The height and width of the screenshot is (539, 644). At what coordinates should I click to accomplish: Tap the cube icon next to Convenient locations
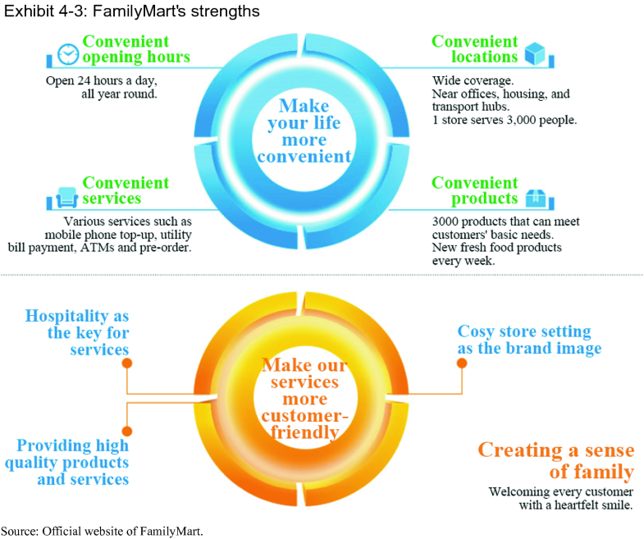click(x=535, y=54)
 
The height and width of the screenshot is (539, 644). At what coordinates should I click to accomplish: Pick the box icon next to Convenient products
click(x=535, y=198)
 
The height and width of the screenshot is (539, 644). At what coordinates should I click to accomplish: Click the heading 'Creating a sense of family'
click(x=555, y=461)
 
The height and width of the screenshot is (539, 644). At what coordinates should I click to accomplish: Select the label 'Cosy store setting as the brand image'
click(x=529, y=340)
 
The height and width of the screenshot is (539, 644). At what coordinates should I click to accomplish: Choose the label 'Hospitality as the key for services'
click(x=77, y=332)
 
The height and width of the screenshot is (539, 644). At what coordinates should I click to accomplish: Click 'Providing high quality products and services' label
click(x=73, y=462)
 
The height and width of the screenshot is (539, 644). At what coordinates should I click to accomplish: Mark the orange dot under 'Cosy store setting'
click(x=462, y=361)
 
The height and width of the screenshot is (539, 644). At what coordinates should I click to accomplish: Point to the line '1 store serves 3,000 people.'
click(x=505, y=120)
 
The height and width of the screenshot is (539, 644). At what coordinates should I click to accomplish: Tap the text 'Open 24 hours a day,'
click(x=100, y=81)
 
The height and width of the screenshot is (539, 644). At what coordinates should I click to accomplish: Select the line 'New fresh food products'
click(x=497, y=247)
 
